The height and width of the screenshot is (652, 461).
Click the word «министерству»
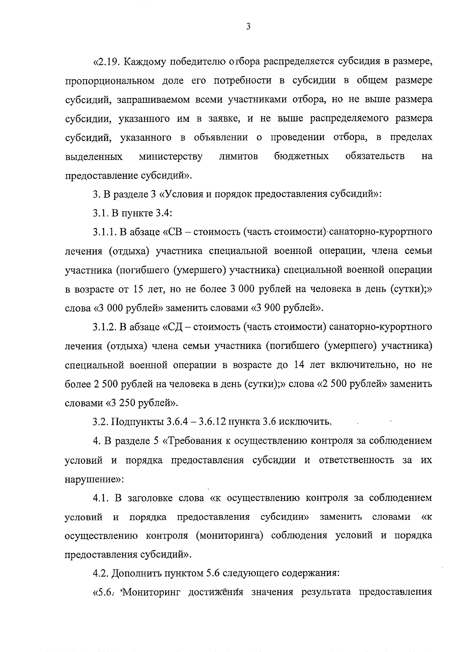(171, 157)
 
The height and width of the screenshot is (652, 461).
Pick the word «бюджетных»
(301, 157)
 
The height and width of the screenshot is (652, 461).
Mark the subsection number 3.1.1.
(105, 232)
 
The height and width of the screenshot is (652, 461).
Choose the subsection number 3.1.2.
(105, 327)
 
